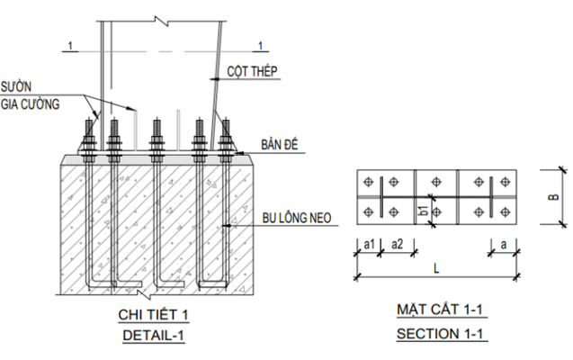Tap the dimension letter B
point(551,195)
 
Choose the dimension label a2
point(396,243)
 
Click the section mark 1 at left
point(67,43)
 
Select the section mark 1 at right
point(260,44)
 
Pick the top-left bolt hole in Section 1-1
point(369,183)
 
